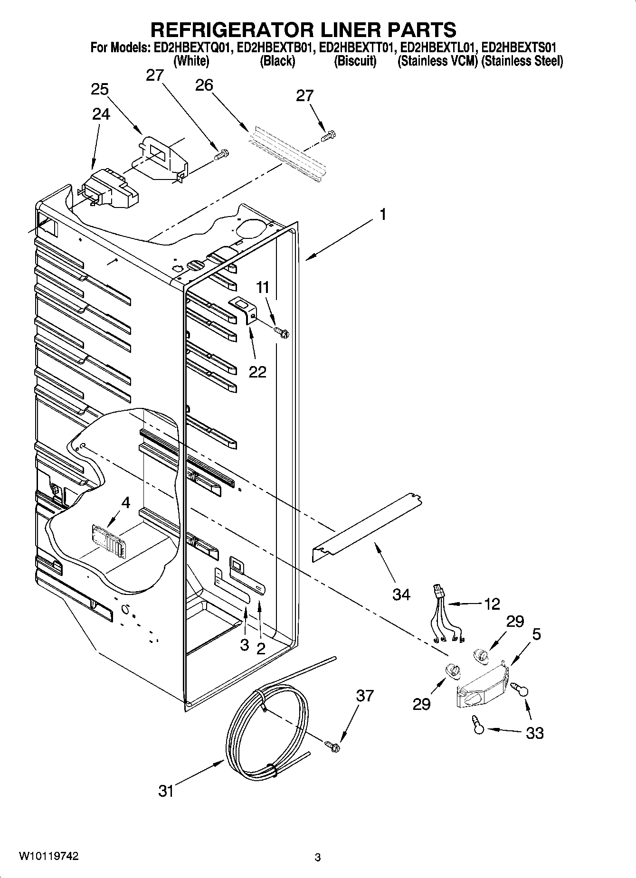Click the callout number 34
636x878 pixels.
pos(401,594)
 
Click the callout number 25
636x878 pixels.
pos(100,89)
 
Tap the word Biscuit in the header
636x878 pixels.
pos(355,61)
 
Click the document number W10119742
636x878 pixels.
pos(48,856)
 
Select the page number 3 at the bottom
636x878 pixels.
pos(317,858)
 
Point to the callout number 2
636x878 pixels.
pos(261,648)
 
